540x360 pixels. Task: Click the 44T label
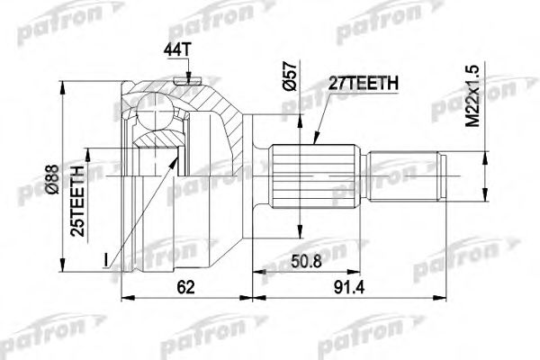coord(177,50)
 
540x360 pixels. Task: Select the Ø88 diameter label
coord(53,179)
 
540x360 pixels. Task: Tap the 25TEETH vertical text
coord(77,201)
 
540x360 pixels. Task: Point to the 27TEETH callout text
coord(364,83)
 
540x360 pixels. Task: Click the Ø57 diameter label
coord(289,76)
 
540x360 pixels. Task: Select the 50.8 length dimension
coord(307,262)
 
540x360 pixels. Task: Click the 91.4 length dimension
coord(349,286)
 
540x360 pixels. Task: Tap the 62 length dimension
coord(186,286)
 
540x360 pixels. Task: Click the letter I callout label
coord(106,260)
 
